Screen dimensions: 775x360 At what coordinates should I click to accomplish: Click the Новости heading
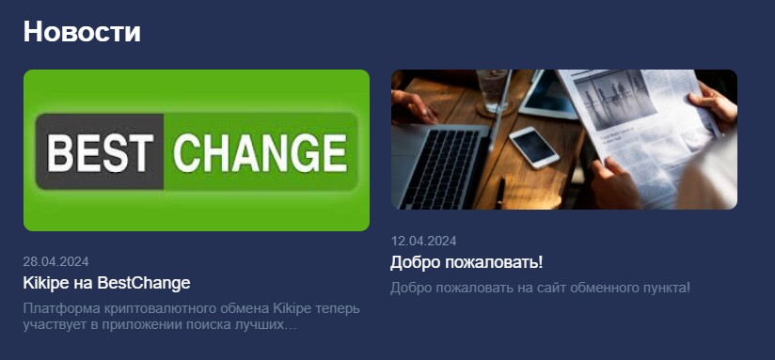(x=82, y=32)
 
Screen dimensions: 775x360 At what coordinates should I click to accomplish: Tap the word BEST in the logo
(x=100, y=152)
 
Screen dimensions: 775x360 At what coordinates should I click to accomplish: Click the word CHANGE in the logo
(x=261, y=152)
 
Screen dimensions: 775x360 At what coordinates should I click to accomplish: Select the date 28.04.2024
(x=55, y=261)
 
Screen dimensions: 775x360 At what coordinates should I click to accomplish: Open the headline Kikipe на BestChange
(x=107, y=283)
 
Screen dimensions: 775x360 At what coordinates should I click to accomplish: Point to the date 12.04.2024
(x=423, y=241)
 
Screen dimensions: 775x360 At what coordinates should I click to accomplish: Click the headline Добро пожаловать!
(x=467, y=262)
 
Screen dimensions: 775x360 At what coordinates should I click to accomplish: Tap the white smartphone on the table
(x=534, y=148)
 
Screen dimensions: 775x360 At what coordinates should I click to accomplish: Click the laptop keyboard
(x=441, y=168)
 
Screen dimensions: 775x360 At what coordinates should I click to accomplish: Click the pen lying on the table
(x=500, y=193)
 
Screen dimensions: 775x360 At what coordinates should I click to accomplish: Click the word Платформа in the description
(x=62, y=309)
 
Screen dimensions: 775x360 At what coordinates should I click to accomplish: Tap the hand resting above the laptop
(x=414, y=104)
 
